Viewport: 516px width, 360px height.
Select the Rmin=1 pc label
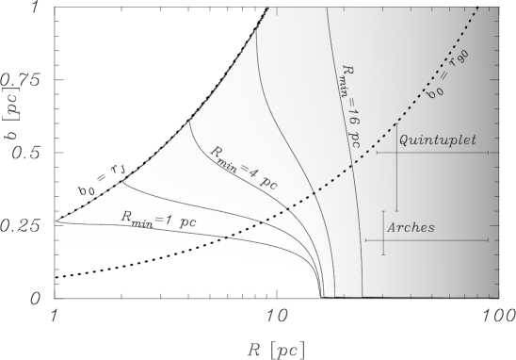(157, 218)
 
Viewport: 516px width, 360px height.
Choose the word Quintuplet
(437, 139)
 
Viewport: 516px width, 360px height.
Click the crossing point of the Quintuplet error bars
(396, 152)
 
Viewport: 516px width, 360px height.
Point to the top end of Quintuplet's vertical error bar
(396, 123)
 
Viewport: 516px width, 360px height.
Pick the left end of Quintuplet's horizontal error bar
(377, 152)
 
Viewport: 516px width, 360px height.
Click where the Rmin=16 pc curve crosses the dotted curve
(357, 167)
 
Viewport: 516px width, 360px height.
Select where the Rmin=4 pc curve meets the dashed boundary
(188, 120)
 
